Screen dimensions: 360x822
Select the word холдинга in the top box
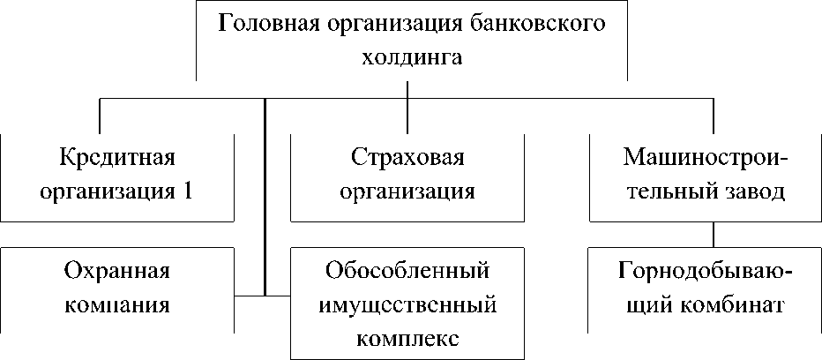point(407,58)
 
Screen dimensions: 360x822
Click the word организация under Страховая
point(407,191)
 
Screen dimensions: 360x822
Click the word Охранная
point(117,270)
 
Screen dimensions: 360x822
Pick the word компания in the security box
point(117,304)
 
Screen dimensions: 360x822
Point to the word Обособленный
point(407,270)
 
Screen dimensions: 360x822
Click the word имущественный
point(407,304)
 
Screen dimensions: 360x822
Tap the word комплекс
point(407,338)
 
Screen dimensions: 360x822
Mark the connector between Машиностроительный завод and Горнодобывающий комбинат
point(713,234)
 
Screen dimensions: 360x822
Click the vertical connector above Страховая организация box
point(407,116)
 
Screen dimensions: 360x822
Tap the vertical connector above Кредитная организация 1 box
point(100,116)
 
